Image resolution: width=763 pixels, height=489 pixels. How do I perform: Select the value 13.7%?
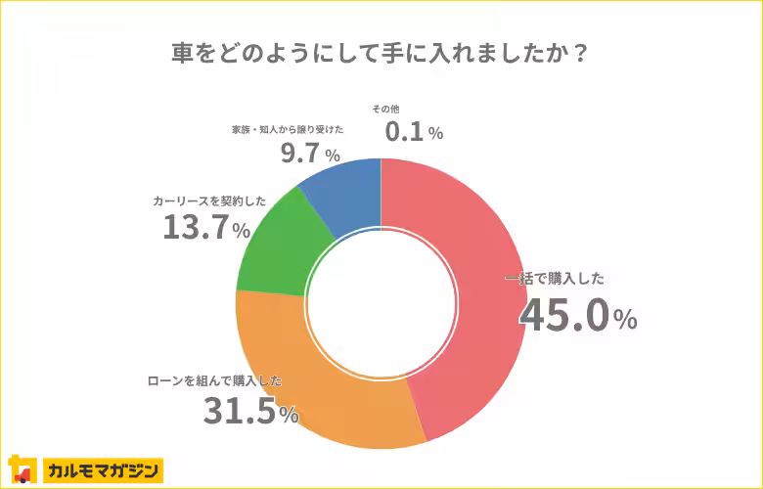(x=206, y=228)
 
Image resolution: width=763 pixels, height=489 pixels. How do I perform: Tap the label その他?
(x=385, y=108)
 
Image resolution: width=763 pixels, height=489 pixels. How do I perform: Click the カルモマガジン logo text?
(x=103, y=470)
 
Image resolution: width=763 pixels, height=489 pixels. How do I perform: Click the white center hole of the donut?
(x=381, y=303)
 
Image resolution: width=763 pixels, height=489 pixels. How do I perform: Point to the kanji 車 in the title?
(x=181, y=53)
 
